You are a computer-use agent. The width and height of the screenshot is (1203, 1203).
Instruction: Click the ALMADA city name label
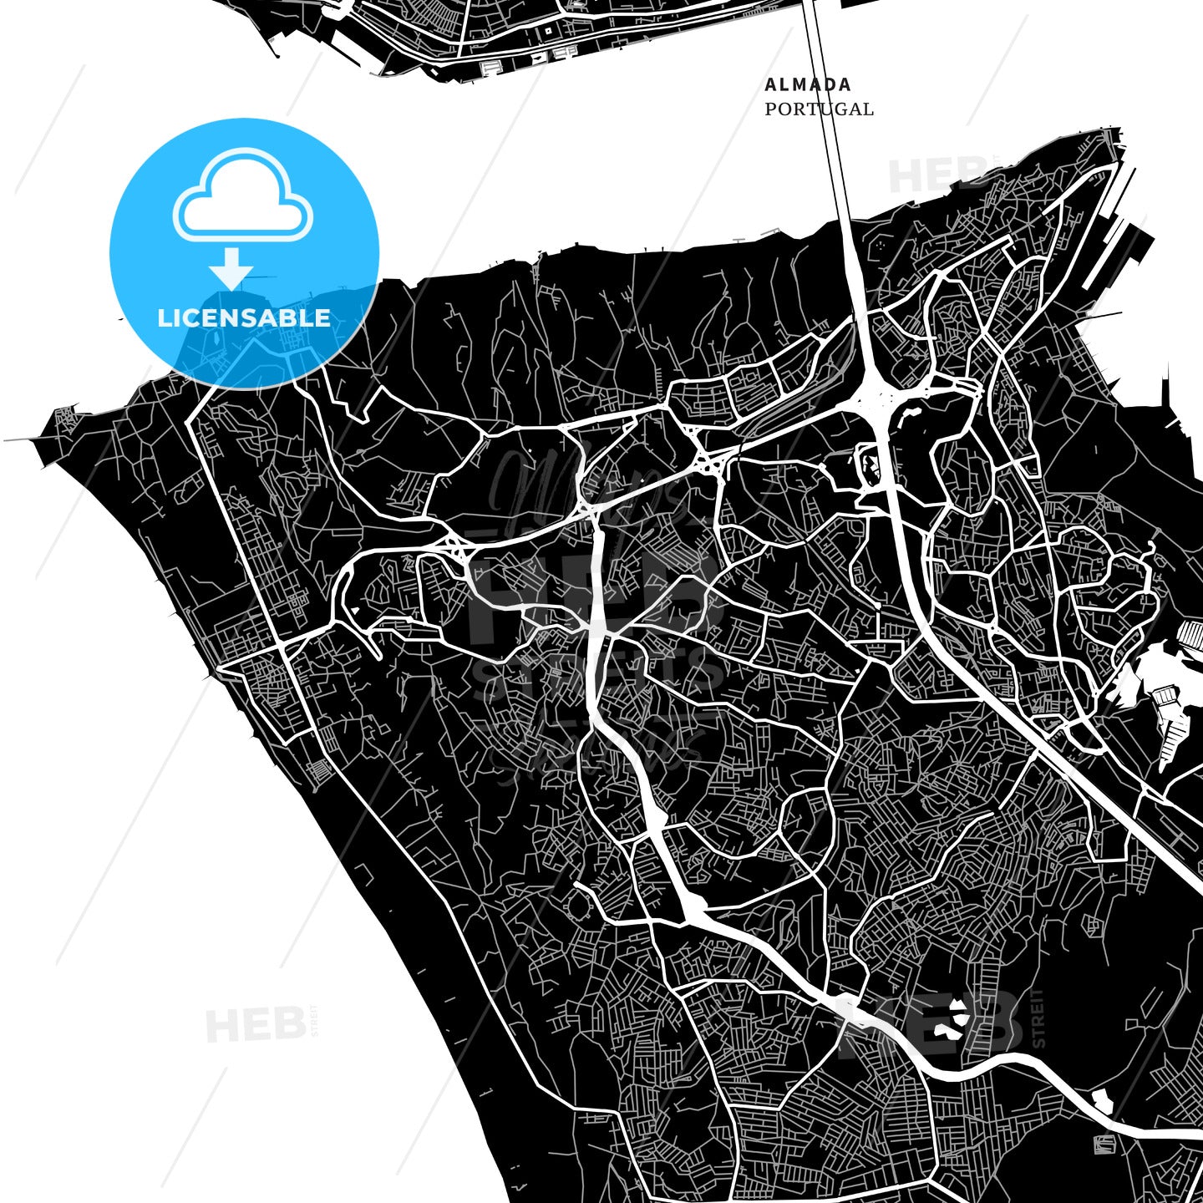pyautogui.click(x=796, y=84)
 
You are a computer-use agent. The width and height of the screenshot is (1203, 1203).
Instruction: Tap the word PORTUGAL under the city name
pyautogui.click(x=819, y=109)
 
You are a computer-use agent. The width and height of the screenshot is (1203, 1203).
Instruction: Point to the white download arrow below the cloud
pyautogui.click(x=231, y=268)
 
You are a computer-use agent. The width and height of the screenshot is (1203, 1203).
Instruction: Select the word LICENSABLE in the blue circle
pyautogui.click(x=244, y=318)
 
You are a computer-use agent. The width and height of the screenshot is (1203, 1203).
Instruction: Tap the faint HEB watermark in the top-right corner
pyautogui.click(x=936, y=174)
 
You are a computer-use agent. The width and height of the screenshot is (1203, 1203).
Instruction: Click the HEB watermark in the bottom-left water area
pyautogui.click(x=255, y=1024)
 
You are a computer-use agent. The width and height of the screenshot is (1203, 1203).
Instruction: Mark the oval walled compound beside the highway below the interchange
pyautogui.click(x=870, y=464)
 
